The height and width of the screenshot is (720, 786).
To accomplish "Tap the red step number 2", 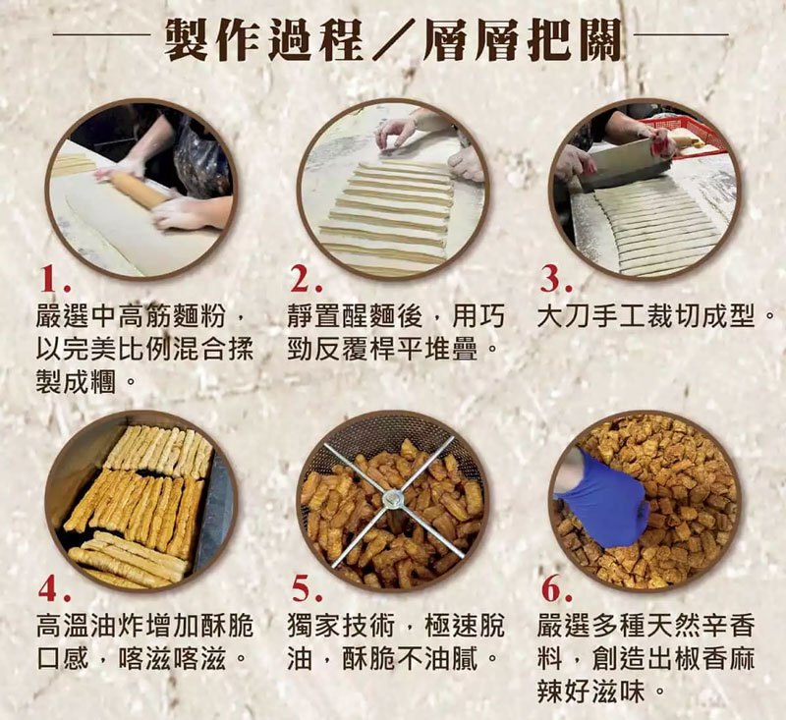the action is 306,281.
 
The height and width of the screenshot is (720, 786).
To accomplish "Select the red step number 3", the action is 555,281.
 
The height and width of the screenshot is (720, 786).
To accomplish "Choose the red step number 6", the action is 556,589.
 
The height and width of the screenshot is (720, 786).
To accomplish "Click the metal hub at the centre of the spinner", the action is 391,500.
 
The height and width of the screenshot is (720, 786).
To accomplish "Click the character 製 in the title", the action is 187,40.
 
